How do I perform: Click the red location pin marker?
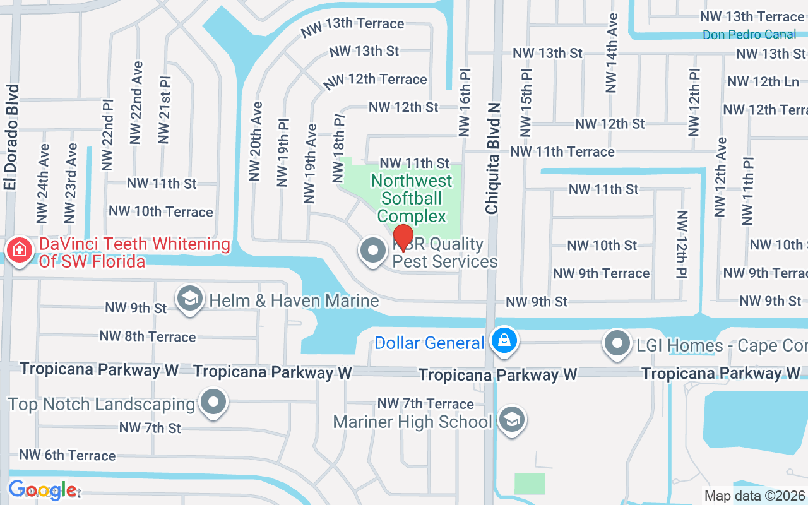click(403, 237)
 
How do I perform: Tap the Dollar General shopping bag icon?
click(505, 342)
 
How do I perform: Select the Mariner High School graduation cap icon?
click(512, 420)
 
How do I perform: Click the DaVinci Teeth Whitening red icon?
click(20, 251)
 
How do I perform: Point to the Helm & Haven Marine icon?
click(189, 300)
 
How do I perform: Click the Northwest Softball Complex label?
click(412, 198)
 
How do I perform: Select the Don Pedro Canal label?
click(749, 35)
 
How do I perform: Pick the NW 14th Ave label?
click(611, 53)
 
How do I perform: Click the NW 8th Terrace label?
click(147, 336)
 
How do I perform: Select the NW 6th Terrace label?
click(68, 455)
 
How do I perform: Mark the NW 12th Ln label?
click(763, 81)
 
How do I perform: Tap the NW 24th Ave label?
click(43, 184)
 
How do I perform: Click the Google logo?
click(42, 490)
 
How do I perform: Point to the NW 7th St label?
click(150, 428)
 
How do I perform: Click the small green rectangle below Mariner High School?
click(529, 484)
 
